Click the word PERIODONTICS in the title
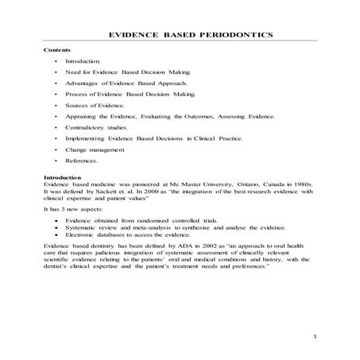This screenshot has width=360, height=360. tap(238, 35)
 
